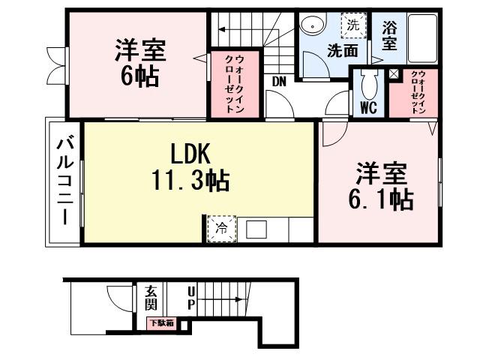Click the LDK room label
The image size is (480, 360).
tap(193, 153)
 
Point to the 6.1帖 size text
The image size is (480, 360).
tap(381, 200)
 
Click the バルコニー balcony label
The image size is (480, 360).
tap(65, 180)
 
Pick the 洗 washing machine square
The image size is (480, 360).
tap(352, 25)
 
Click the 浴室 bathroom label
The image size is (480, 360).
tap(389, 36)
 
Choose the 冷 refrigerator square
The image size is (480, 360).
tap(221, 228)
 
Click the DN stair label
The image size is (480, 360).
tap(279, 81)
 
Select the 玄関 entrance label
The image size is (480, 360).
tap(151, 297)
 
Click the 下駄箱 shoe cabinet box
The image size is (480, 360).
tap(160, 323)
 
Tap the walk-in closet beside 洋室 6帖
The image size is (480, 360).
tap(234, 83)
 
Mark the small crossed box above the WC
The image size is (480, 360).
tap(394, 74)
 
